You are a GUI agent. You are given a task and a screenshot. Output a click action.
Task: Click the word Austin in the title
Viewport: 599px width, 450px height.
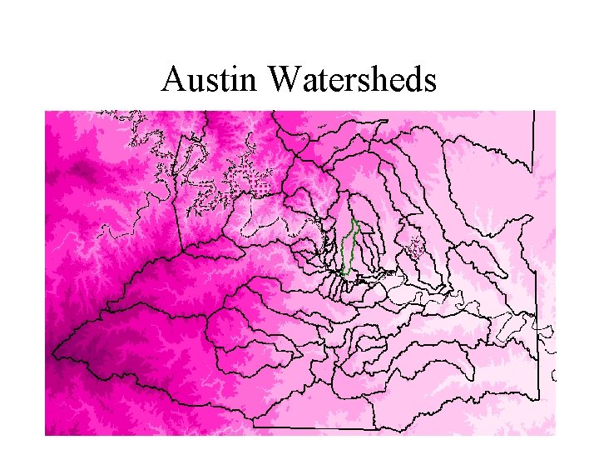[x=211, y=80]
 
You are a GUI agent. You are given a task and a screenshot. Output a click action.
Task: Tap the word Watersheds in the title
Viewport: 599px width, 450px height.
[x=353, y=80]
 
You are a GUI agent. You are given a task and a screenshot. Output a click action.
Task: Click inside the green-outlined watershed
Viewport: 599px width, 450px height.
[x=350, y=247]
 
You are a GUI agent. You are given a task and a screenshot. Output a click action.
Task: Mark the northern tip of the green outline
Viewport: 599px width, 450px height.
[x=354, y=219]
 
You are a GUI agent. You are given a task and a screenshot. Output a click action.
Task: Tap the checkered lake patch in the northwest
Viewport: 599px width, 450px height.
[x=253, y=183]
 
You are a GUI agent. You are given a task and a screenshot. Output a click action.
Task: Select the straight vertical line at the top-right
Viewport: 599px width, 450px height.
[x=532, y=142]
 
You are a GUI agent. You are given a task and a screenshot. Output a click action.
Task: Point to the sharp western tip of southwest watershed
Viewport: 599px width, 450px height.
[x=52, y=356]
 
